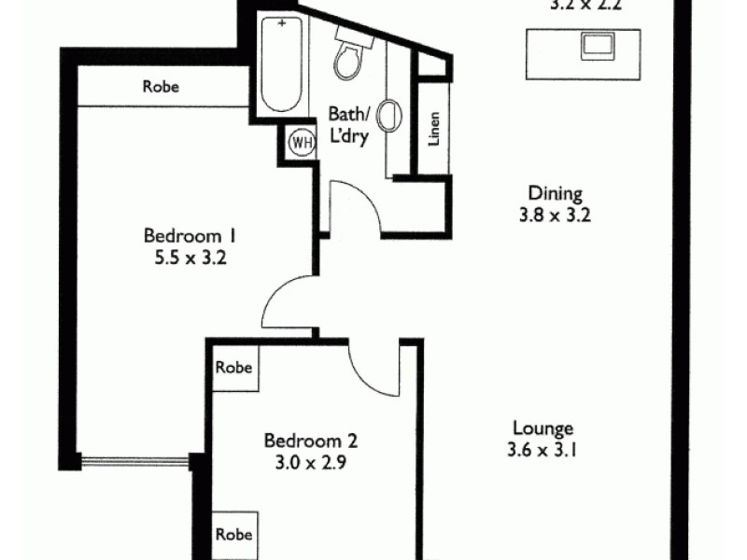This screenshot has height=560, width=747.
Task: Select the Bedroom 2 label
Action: [x=311, y=441]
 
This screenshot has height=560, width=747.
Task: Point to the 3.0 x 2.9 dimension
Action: [x=311, y=462]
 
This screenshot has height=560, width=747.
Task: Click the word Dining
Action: [x=556, y=194]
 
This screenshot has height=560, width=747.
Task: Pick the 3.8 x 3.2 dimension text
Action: [x=556, y=216]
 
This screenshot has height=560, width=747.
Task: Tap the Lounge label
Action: [x=543, y=428]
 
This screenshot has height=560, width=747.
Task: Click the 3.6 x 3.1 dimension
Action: [x=543, y=450]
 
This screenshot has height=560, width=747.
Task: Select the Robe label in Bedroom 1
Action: [x=161, y=88]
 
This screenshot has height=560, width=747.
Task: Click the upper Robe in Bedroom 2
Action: [x=233, y=367]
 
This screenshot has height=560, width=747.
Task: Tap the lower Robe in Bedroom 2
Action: [x=233, y=535]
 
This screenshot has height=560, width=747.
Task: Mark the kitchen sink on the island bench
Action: [x=596, y=44]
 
